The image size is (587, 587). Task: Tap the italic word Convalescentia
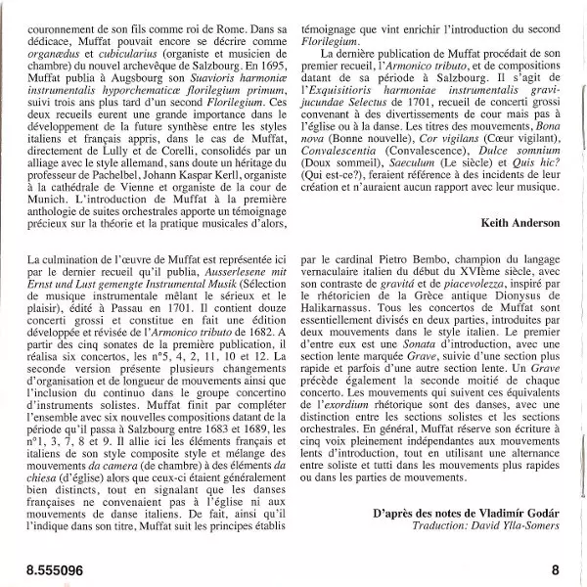(343, 153)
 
